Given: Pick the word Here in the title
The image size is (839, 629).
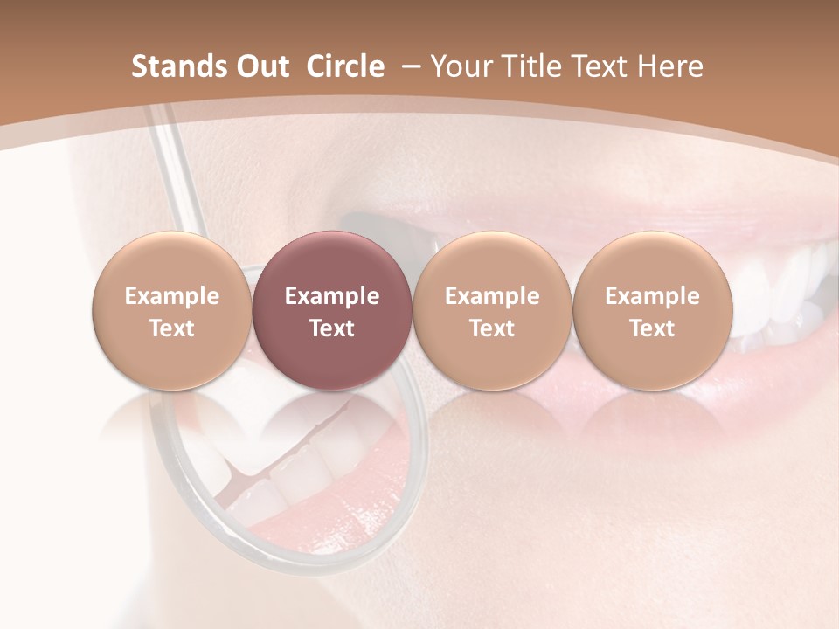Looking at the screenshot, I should click(670, 66).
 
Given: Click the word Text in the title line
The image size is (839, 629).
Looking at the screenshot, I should click(598, 66).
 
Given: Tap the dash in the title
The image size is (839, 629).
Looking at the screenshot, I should click(407, 66).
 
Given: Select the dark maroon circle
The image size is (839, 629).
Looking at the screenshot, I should click(332, 310).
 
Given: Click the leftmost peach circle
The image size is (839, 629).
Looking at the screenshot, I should click(172, 310).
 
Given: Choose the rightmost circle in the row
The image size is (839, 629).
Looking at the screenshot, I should click(652, 310).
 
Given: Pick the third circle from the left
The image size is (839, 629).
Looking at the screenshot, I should click(492, 310).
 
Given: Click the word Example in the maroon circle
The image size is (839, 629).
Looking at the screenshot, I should click(332, 296).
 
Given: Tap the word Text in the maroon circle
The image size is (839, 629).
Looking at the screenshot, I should click(332, 328).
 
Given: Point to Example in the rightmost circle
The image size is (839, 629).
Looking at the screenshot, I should click(652, 296).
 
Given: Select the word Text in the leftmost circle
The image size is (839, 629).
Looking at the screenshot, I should click(172, 328).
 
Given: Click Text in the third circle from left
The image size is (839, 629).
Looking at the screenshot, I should click(492, 328).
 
